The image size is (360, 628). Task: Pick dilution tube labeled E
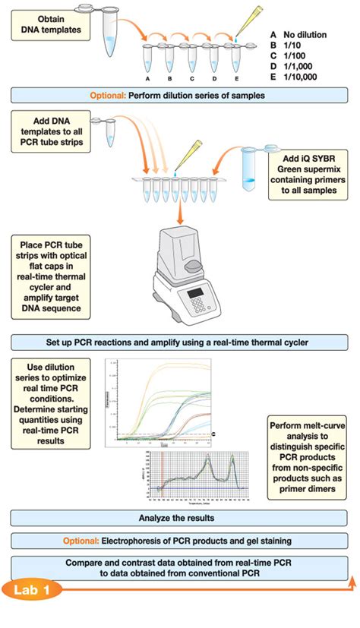(236, 59)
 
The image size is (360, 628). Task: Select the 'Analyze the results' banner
(179, 518)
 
